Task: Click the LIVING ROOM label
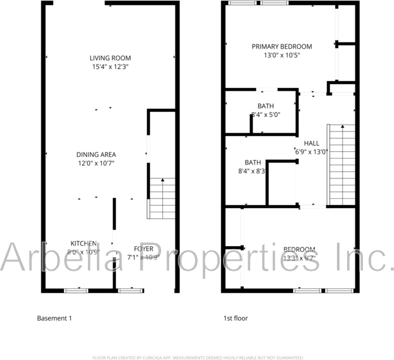(x=110, y=58)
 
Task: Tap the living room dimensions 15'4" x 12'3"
(x=110, y=66)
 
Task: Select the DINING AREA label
(x=96, y=154)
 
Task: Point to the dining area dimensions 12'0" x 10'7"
(x=96, y=163)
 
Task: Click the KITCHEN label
(x=83, y=243)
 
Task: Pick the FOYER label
(x=143, y=248)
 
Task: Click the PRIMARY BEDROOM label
(x=282, y=47)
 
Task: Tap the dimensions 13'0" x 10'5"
(x=282, y=55)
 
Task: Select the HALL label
(x=312, y=143)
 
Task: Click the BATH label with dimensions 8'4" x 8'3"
(x=253, y=162)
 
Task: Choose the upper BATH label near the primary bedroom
(x=265, y=106)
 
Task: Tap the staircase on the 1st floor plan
(x=342, y=164)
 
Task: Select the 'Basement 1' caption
(x=54, y=318)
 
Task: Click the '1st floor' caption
(x=235, y=318)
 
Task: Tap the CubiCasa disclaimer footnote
(x=198, y=357)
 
